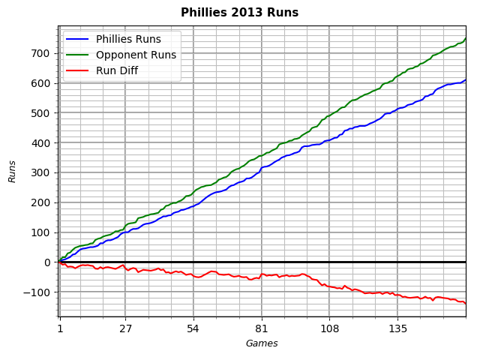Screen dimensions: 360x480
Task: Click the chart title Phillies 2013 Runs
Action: click(239, 13)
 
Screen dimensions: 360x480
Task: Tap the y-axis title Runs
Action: click(12, 171)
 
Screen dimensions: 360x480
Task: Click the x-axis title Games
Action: click(262, 343)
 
